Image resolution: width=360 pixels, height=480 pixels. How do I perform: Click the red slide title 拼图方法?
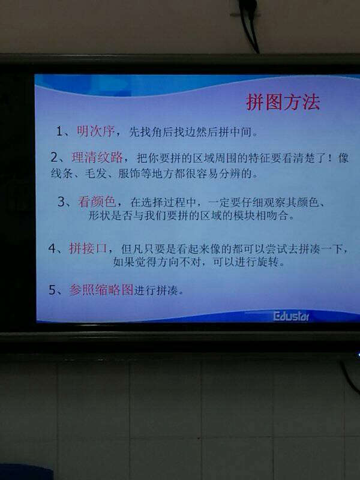click(x=283, y=102)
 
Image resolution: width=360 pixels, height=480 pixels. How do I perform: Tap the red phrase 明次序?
click(x=95, y=131)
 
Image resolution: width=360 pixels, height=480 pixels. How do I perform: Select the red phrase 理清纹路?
click(x=97, y=157)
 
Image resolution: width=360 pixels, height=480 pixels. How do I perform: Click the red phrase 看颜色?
click(x=97, y=202)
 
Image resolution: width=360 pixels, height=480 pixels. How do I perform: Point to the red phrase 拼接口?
click(x=88, y=248)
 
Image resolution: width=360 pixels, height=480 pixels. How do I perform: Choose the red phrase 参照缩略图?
click(x=101, y=290)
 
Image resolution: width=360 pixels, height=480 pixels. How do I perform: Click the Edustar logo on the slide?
click(x=291, y=317)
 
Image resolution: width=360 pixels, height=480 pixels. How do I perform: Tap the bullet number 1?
click(x=59, y=131)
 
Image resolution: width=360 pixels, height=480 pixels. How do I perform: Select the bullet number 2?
click(x=54, y=158)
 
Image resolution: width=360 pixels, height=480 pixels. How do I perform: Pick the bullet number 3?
click(x=61, y=202)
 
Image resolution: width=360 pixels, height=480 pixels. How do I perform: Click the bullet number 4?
click(x=52, y=248)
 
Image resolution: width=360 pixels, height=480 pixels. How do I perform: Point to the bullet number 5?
click(x=52, y=290)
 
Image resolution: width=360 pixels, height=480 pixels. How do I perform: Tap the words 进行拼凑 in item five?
click(x=156, y=290)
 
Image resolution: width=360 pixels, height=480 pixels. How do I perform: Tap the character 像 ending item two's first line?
click(x=343, y=158)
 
